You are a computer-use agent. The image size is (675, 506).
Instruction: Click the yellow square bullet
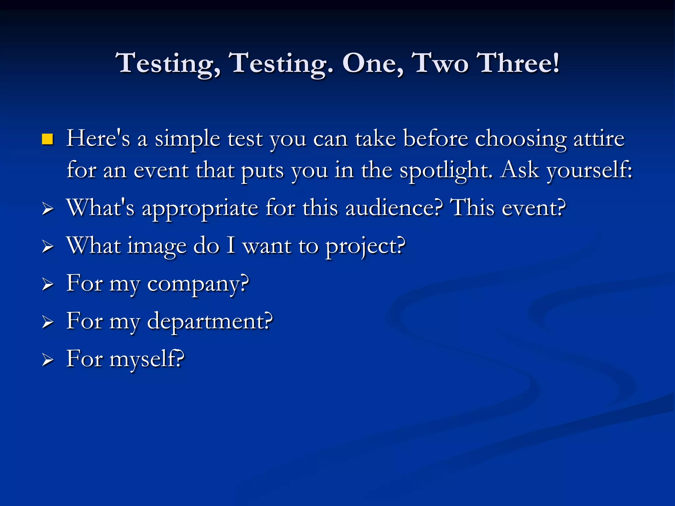pos(47,139)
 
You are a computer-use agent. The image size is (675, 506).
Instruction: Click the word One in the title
pos(372,63)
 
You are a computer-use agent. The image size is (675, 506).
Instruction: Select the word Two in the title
pos(440,63)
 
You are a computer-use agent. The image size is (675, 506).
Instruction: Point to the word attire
pos(599,138)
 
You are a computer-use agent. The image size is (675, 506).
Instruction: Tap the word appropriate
pos(200,209)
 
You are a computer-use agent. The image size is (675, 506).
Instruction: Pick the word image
pos(157,246)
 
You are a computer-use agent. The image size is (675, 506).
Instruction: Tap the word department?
pos(210,322)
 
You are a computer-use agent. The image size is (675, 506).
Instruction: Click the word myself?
pos(147,359)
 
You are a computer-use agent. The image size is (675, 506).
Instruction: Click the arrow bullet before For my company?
pos(48,284)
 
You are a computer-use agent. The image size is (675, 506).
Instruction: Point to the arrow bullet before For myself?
pos(48,360)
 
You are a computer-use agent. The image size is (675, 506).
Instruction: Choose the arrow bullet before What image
pos(48,246)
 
